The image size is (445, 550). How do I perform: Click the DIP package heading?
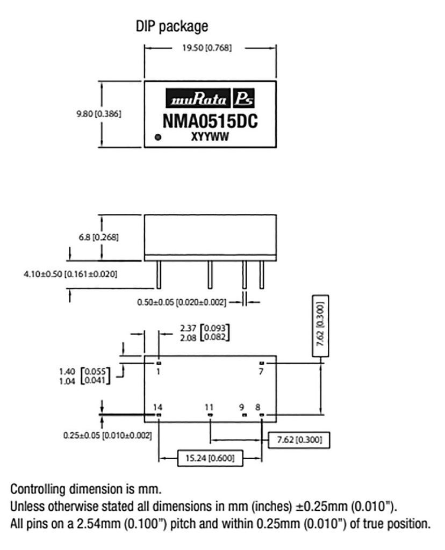pos(171,26)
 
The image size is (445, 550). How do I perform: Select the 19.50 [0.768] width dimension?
pos(210,48)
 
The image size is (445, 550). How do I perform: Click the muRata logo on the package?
pos(199,100)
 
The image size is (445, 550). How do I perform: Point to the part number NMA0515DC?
pos(210,121)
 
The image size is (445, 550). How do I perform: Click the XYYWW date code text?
pos(210,137)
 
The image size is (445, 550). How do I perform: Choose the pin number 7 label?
pos(262,371)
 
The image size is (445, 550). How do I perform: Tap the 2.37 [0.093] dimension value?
pos(188,329)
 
